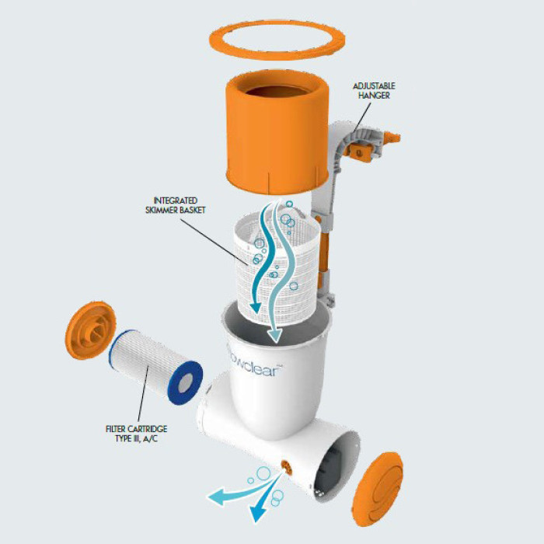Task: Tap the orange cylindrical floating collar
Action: pos(277,139)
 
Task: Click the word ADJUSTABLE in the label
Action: pos(374,86)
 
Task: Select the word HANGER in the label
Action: pos(374,96)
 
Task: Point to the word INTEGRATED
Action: pos(176,201)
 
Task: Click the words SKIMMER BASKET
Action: pos(176,210)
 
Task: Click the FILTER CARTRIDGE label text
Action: pos(136,429)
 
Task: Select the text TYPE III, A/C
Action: pos(136,438)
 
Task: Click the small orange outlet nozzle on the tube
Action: pos(287,467)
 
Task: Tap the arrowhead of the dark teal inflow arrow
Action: pos(256,307)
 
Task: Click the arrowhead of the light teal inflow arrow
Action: pos(275,336)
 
